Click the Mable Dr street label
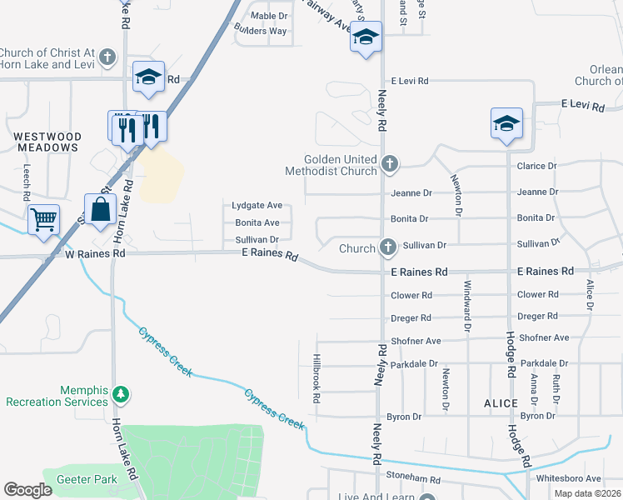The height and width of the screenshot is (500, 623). pyautogui.click(x=269, y=16)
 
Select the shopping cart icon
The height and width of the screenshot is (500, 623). pyautogui.click(x=43, y=220)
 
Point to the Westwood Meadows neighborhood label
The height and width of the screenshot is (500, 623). pyautogui.click(x=47, y=142)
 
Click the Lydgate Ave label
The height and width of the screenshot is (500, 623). pyautogui.click(x=257, y=205)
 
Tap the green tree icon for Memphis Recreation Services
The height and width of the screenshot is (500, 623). pyautogui.click(x=122, y=392)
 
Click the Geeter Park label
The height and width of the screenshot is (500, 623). pyautogui.click(x=87, y=480)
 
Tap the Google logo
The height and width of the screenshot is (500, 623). pyautogui.click(x=27, y=489)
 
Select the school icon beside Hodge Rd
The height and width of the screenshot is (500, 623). pyautogui.click(x=506, y=124)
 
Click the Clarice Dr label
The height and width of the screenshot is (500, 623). pyautogui.click(x=536, y=166)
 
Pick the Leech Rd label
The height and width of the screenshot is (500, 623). pyautogui.click(x=27, y=182)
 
